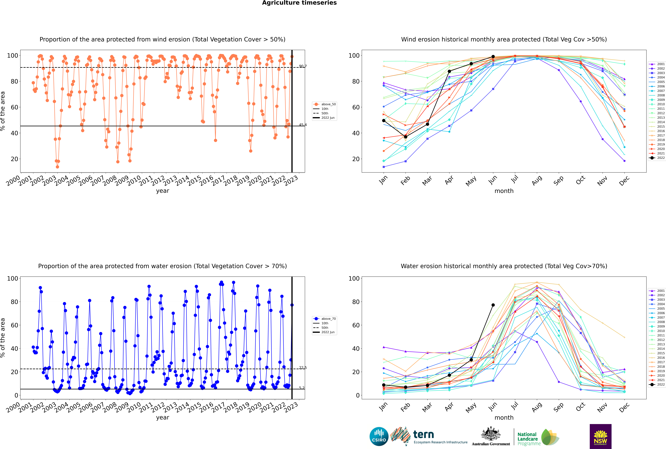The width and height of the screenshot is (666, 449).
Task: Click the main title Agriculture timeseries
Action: click(x=299, y=3)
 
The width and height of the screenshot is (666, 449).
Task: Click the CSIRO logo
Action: click(x=379, y=436)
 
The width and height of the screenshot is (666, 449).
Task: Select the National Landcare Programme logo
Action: click(x=538, y=437)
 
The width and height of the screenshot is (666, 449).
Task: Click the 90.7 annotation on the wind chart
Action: click(x=303, y=66)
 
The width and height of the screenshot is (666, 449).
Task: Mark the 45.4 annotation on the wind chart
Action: click(x=303, y=125)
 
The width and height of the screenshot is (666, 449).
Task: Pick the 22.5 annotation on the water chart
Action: click(x=303, y=368)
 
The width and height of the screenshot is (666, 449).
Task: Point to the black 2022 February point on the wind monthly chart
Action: click(x=405, y=137)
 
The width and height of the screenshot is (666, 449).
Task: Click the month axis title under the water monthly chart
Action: click(x=504, y=418)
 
